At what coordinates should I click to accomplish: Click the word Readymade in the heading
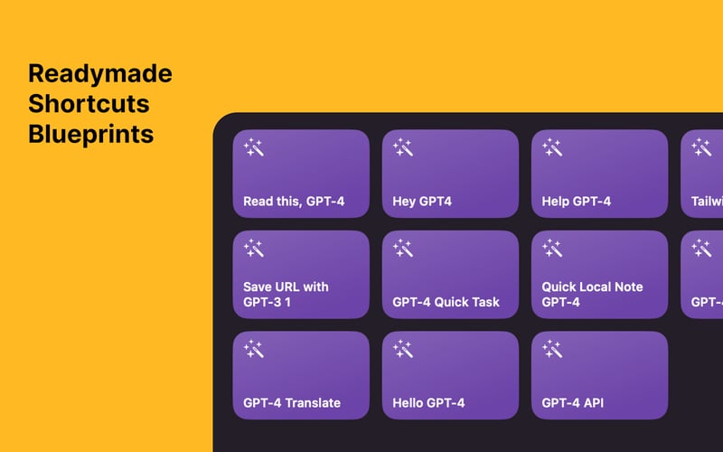pyautogui.click(x=99, y=73)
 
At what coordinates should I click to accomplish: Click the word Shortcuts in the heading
pyautogui.click(x=89, y=104)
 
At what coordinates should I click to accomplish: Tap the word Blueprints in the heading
pyautogui.click(x=90, y=135)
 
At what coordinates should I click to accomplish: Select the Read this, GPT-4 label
pyautogui.click(x=294, y=202)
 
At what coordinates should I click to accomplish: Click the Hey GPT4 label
pyautogui.click(x=422, y=202)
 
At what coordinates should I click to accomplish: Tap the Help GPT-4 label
pyautogui.click(x=576, y=202)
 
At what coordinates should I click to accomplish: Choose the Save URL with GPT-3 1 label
pyautogui.click(x=286, y=294)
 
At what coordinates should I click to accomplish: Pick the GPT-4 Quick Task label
pyautogui.click(x=446, y=302)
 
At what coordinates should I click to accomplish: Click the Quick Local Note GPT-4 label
pyautogui.click(x=592, y=294)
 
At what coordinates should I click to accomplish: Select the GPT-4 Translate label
pyautogui.click(x=292, y=402)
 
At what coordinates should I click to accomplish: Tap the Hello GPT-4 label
pyautogui.click(x=428, y=402)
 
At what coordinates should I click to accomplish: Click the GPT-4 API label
pyautogui.click(x=571, y=402)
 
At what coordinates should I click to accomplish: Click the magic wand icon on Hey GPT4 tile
pyautogui.click(x=403, y=147)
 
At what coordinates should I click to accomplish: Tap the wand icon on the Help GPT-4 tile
pyautogui.click(x=552, y=147)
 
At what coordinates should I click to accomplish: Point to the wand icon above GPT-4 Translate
pyautogui.click(x=254, y=349)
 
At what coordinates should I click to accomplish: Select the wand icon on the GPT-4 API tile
pyautogui.click(x=552, y=349)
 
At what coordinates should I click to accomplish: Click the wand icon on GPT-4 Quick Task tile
pyautogui.click(x=403, y=248)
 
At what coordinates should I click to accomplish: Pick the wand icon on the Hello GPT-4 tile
pyautogui.click(x=403, y=349)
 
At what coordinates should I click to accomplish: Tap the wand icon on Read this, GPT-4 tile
pyautogui.click(x=254, y=147)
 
